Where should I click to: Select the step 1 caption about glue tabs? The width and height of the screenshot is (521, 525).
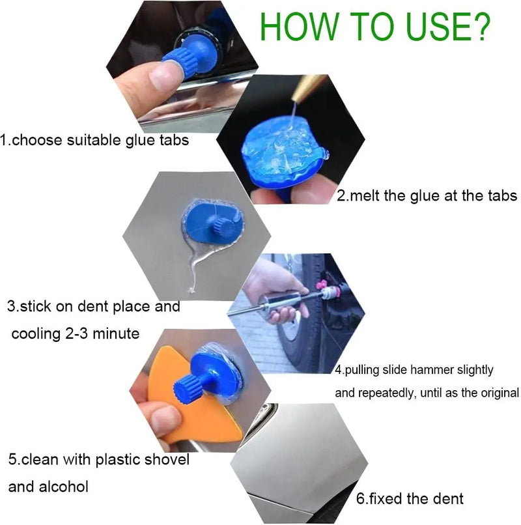(95, 139)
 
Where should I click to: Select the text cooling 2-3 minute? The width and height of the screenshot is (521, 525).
(76, 333)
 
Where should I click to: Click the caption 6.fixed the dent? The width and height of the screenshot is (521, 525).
(410, 498)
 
